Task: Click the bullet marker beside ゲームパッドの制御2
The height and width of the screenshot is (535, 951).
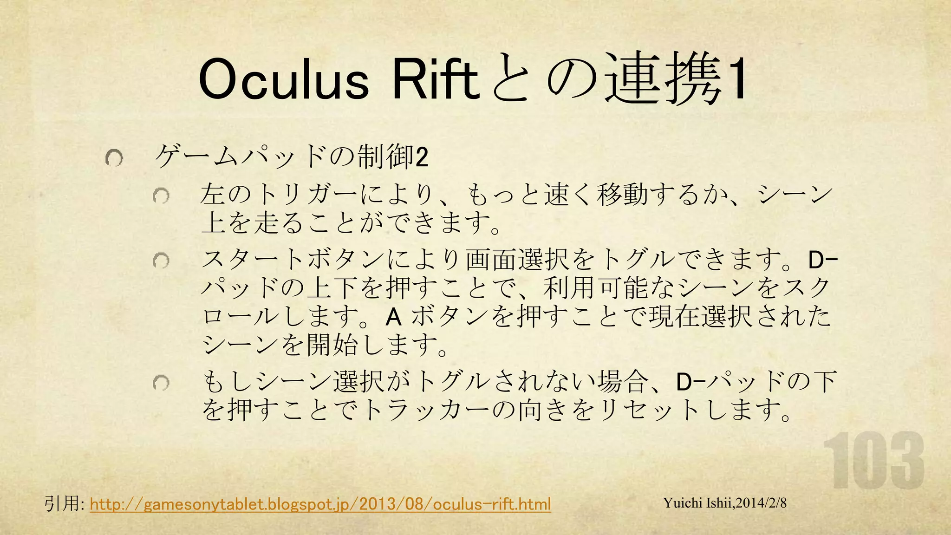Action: coord(114,159)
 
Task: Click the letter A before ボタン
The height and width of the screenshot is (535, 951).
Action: coord(393,318)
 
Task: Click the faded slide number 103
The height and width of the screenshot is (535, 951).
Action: coord(873,461)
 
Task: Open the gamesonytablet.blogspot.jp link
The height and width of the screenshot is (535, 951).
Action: coord(320,504)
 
